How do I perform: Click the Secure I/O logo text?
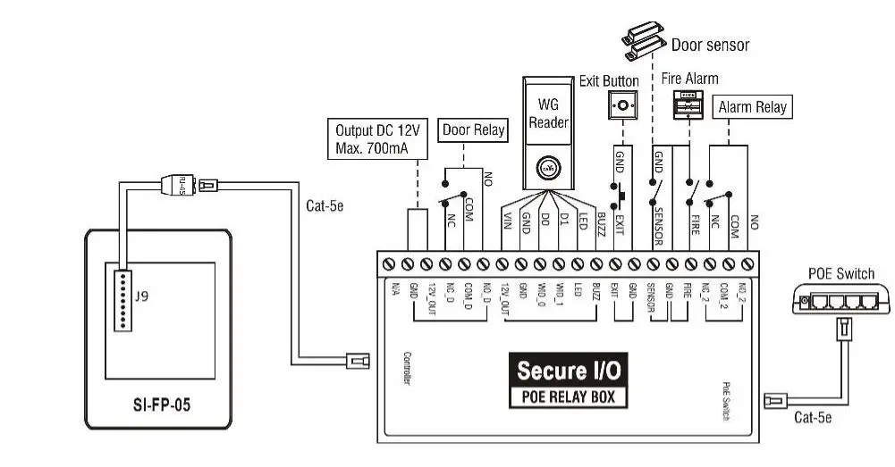pyautogui.click(x=568, y=370)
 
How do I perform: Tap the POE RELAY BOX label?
pyautogui.click(x=568, y=397)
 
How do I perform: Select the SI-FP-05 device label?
pyautogui.click(x=156, y=404)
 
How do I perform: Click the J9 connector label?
pyautogui.click(x=141, y=297)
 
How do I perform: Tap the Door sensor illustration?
pyautogui.click(x=643, y=41)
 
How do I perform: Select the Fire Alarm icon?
pyautogui.click(x=688, y=105)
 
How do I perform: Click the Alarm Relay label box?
pyautogui.click(x=753, y=107)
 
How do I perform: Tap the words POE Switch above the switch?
pyautogui.click(x=840, y=274)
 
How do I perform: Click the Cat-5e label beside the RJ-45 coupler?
pyautogui.click(x=325, y=206)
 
